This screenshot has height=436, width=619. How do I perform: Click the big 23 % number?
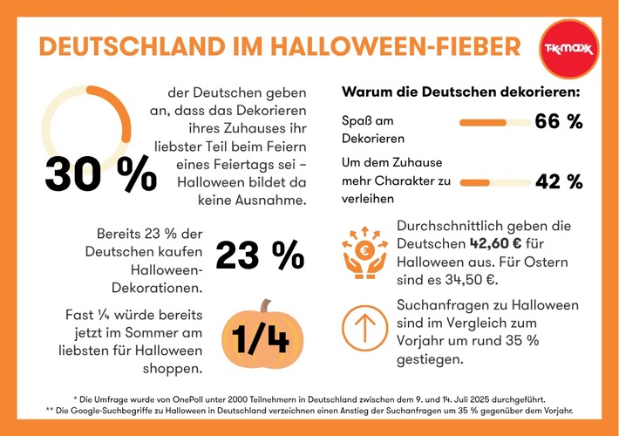[260, 255]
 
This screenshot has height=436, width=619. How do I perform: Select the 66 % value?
[557, 121]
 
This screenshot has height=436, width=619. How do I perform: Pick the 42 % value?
[557, 181]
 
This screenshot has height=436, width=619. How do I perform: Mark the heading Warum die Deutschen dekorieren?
[461, 91]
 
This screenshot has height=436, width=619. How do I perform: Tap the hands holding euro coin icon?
[365, 254]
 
